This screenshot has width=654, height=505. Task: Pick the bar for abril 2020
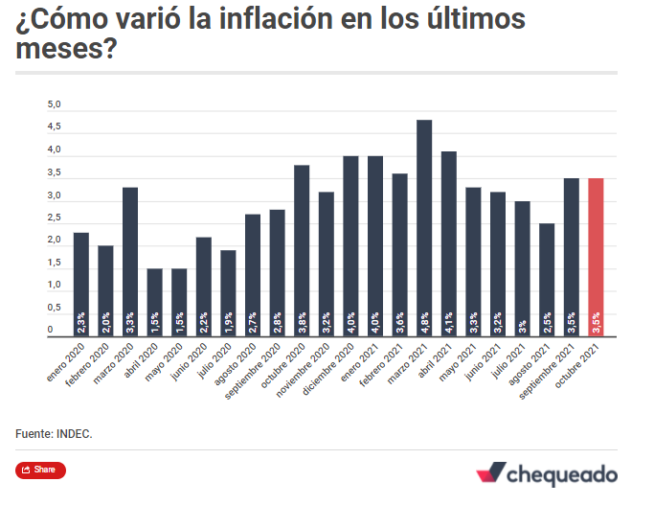tap(154, 302)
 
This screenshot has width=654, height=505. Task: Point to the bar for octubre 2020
tap(302, 250)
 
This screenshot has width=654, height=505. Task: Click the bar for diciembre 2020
tap(350, 245)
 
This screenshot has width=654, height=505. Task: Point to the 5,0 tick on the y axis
tap(55, 103)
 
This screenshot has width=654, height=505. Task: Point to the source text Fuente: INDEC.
tap(55, 434)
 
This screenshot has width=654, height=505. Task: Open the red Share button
tap(40, 470)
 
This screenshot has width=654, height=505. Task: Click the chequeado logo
tap(547, 473)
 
